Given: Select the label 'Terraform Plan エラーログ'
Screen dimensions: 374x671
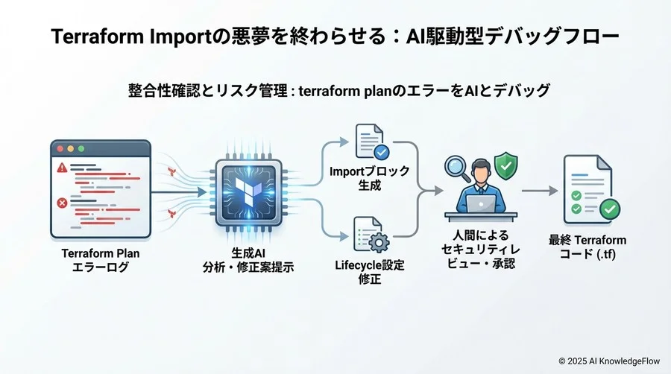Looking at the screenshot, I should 101,260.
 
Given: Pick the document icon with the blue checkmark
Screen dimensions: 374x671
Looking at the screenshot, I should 369,142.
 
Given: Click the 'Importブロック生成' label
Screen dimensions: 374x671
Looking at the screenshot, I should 370,178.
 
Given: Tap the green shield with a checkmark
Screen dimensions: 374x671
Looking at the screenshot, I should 506,162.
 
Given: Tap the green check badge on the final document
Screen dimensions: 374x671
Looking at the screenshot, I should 608,208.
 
